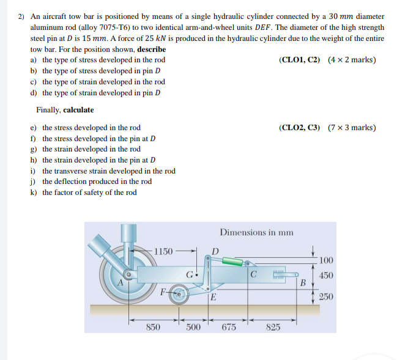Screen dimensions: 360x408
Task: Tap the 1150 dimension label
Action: pos(163,251)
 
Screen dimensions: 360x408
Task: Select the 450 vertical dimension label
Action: pos(325,276)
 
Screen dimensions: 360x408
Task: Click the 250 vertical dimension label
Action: pos(325,297)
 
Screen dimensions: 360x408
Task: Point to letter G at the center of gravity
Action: pos(191,274)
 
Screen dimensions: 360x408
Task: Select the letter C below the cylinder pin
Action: pos(252,273)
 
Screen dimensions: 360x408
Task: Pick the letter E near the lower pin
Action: pos(213,298)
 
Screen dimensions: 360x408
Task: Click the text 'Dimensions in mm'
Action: pos(256,232)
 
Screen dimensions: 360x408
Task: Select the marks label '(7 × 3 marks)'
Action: pos(352,128)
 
